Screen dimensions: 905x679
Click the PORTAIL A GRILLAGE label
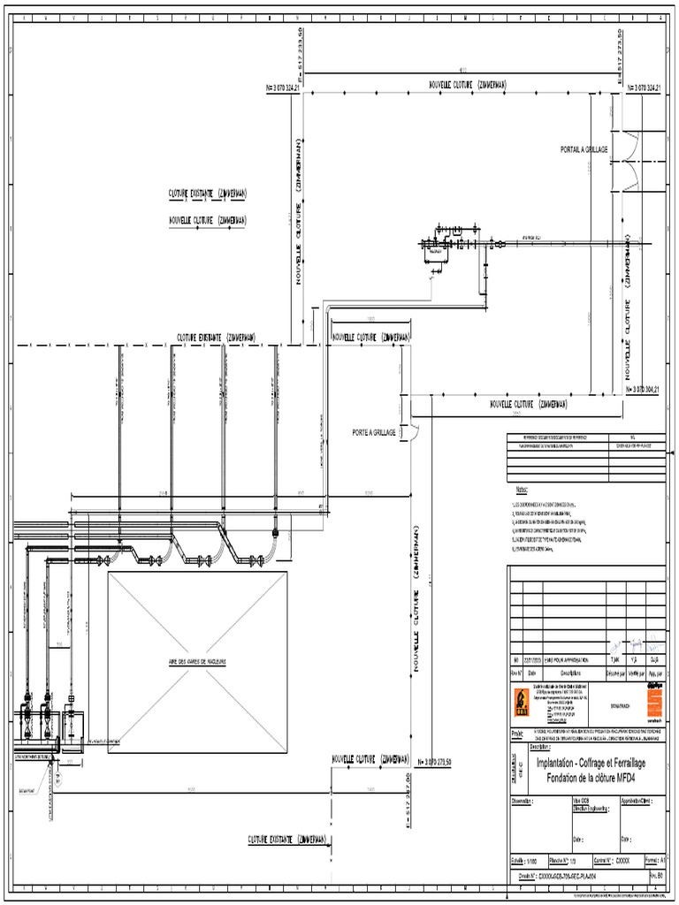pos(584,150)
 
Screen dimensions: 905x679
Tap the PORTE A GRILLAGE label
pos(373,432)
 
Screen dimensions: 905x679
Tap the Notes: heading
pos(522,489)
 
